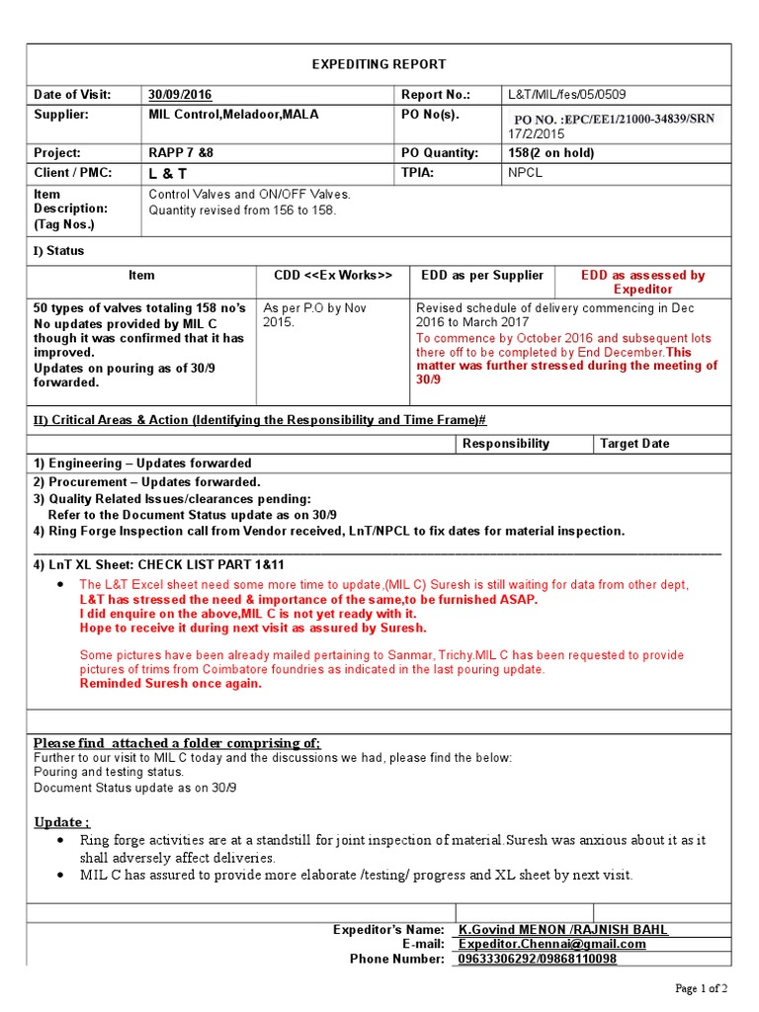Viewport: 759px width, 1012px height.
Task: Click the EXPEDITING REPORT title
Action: (379, 64)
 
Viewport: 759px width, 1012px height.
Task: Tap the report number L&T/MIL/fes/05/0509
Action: (566, 95)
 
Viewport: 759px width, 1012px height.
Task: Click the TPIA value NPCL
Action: (526, 173)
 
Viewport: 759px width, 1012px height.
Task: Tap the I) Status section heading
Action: (59, 251)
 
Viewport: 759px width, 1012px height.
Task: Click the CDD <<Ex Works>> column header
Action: (333, 276)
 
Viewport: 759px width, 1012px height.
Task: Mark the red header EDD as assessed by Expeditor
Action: (642, 283)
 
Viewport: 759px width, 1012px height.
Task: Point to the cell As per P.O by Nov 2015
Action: (314, 315)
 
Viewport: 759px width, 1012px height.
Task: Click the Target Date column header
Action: (634, 444)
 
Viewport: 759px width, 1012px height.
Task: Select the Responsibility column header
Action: (505, 444)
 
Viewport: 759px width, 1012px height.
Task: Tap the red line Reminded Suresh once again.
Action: (170, 684)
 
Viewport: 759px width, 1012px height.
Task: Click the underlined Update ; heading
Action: (62, 822)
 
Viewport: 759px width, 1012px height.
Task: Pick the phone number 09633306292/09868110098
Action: (538, 959)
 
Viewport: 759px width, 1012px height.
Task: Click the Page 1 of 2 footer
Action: (701, 988)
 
